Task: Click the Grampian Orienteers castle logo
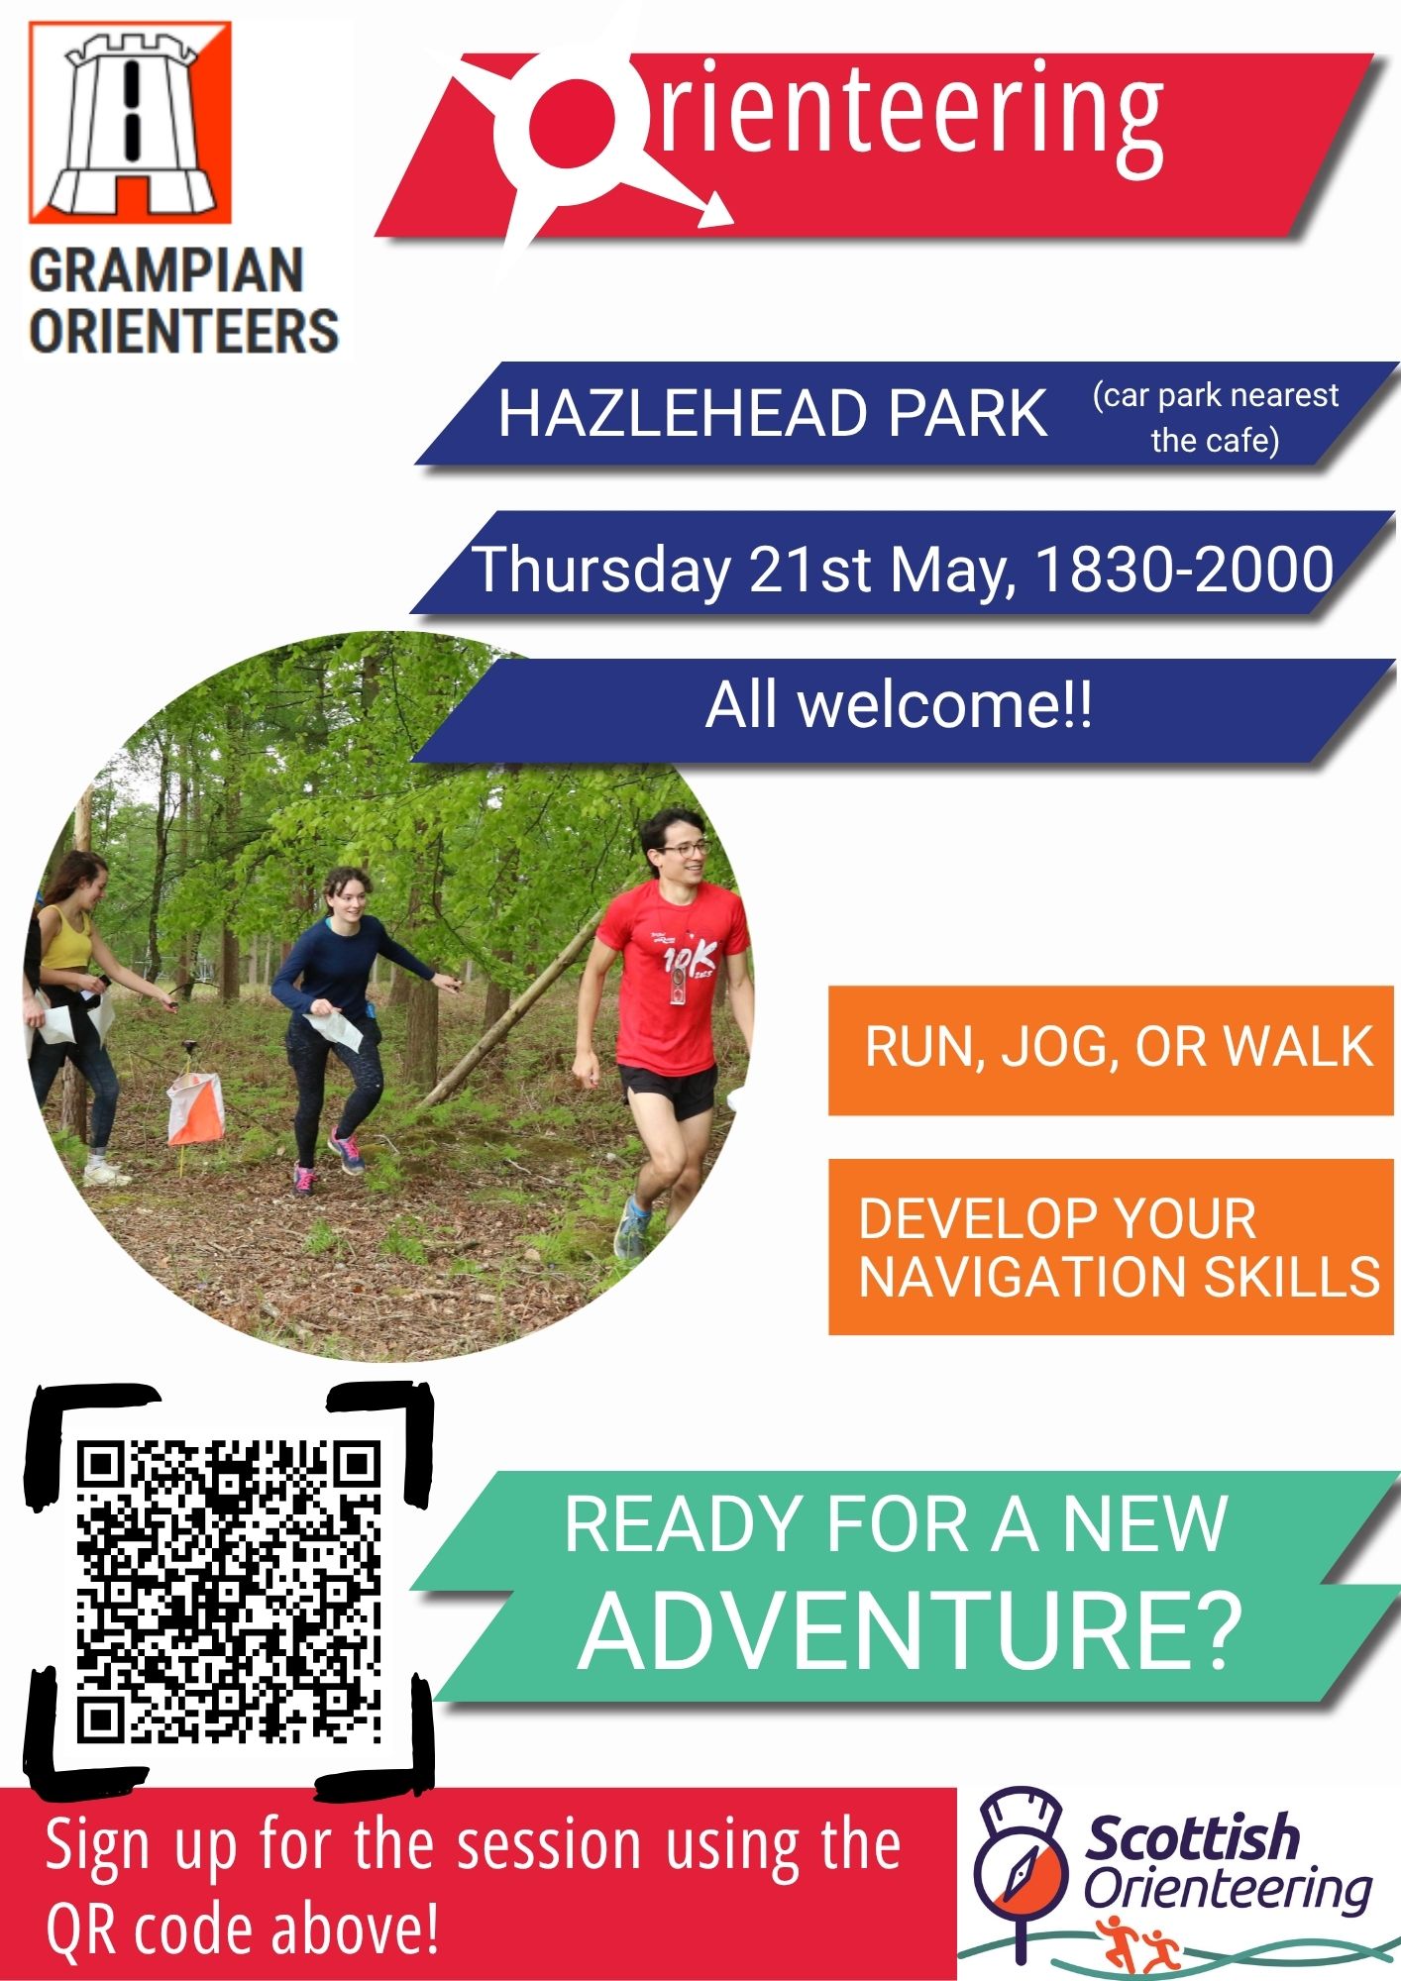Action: pos(130,122)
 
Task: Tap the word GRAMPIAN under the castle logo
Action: pos(166,270)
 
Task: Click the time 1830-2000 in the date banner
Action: pos(1184,570)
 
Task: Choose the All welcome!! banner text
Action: pos(899,705)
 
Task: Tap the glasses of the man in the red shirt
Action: pos(684,849)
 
